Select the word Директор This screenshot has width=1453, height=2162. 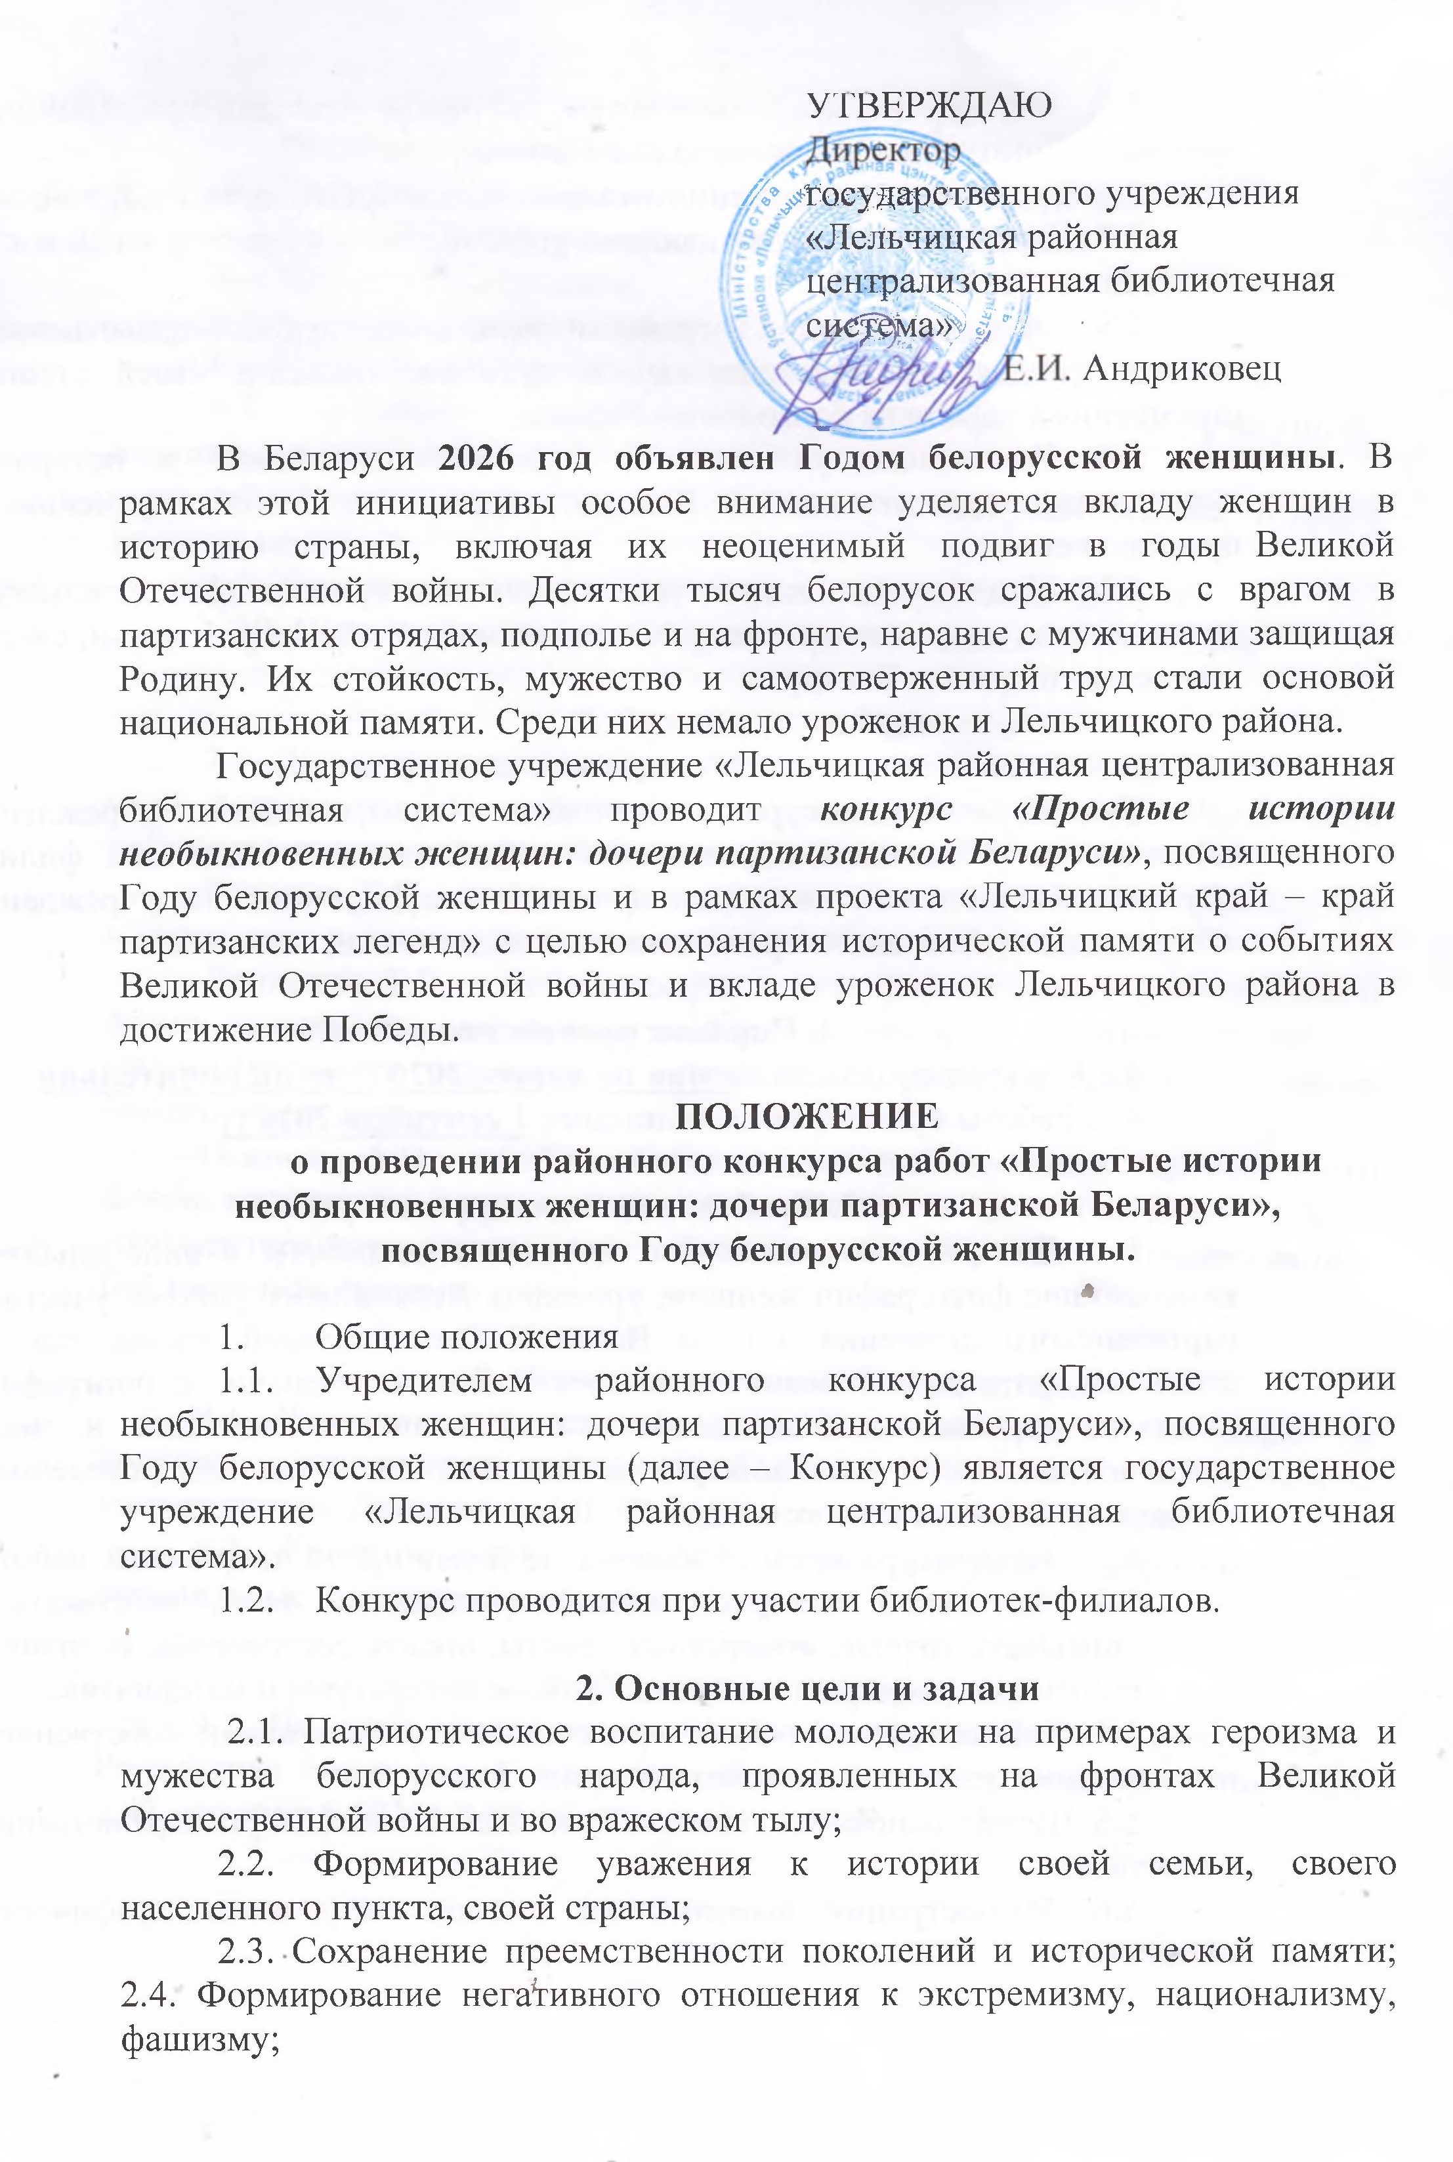tap(884, 151)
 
